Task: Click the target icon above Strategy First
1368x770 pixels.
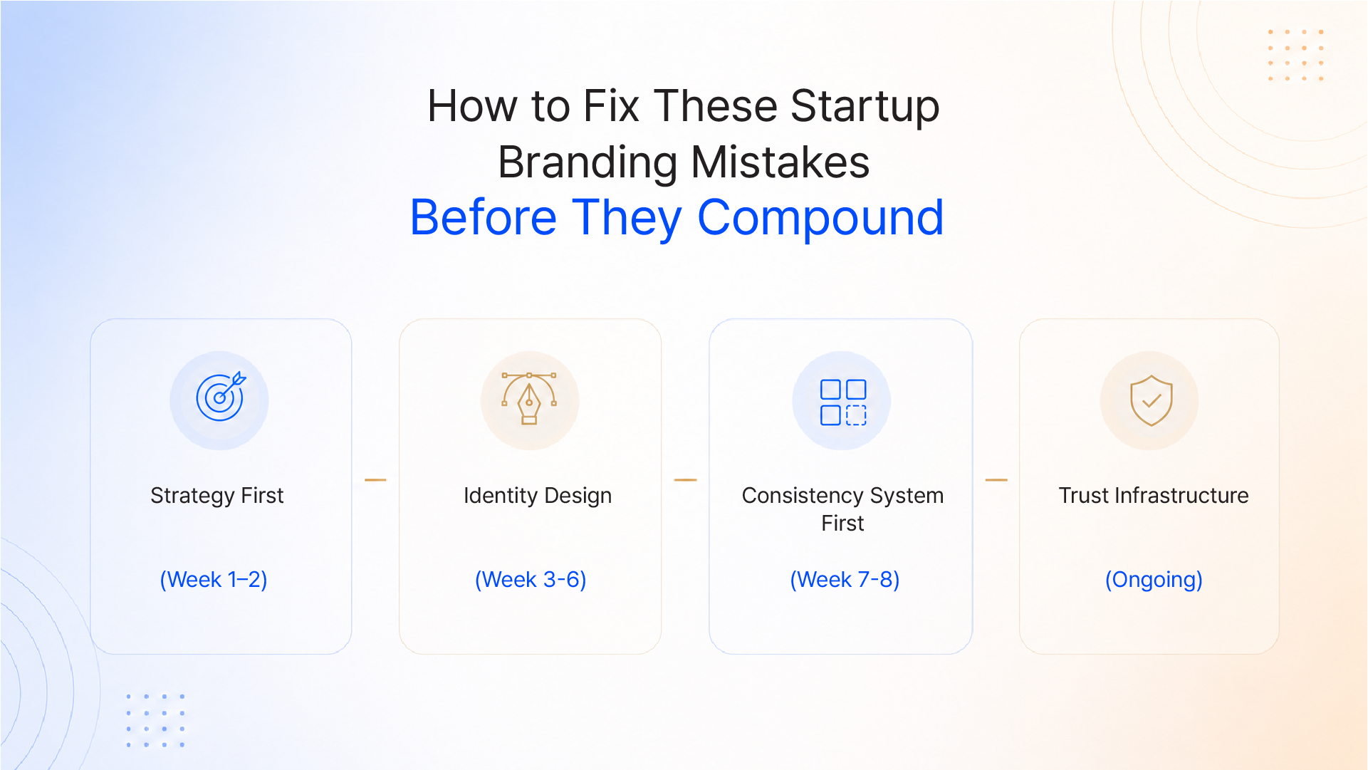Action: [221, 397]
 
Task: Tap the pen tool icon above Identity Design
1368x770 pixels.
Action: [529, 398]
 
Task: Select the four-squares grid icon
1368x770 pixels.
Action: [843, 402]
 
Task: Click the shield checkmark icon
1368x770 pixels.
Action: [1152, 400]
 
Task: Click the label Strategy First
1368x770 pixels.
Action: [217, 496]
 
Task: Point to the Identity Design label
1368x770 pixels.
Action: [538, 496]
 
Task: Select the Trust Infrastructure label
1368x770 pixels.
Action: [1154, 496]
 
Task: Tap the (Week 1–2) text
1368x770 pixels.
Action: [214, 580]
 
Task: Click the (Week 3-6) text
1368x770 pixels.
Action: [531, 580]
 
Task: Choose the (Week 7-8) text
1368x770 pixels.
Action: [845, 580]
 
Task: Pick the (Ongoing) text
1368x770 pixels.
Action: [1154, 580]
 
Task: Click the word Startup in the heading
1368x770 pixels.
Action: [865, 108]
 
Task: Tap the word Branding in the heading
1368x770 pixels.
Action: [588, 162]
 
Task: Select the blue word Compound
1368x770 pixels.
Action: [820, 218]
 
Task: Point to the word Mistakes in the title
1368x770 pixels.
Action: [780, 162]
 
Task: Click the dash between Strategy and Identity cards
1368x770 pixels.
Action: [375, 480]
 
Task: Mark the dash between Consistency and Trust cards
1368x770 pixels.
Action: [996, 480]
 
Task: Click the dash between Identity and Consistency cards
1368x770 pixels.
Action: [685, 480]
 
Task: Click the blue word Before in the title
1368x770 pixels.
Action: [484, 218]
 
